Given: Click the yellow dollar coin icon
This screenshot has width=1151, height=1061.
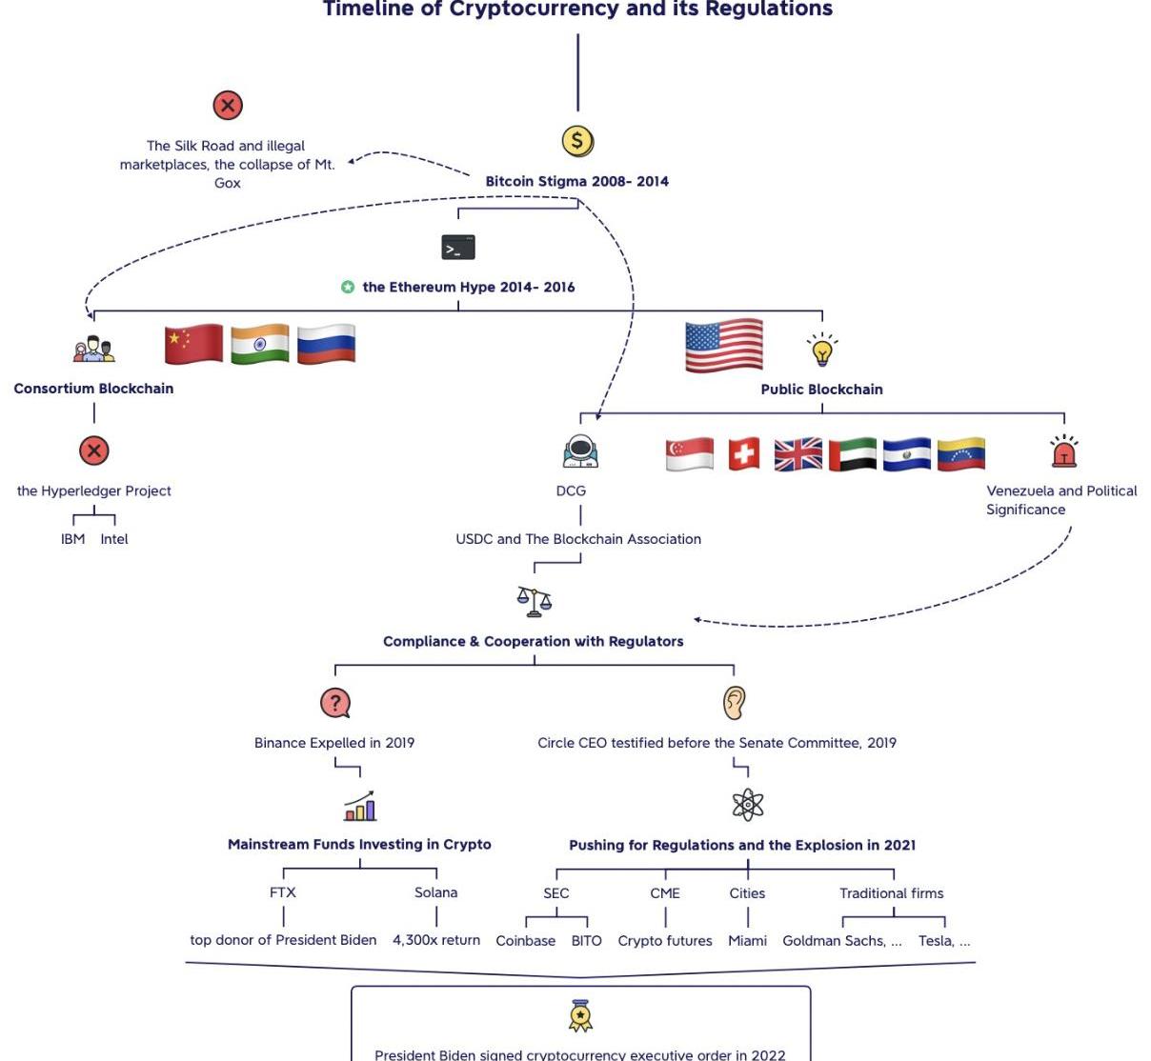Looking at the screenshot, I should coord(577,141).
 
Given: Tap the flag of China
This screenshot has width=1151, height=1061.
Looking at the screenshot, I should coord(193,344).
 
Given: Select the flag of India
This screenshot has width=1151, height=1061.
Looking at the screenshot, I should coord(259,344).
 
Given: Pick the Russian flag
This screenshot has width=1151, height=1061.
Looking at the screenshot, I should coord(326,344).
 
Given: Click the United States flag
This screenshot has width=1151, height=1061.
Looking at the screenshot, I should coord(724,346).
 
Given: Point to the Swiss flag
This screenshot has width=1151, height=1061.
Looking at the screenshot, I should coord(744,454).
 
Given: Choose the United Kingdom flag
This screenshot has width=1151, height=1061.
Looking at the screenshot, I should coord(798,454).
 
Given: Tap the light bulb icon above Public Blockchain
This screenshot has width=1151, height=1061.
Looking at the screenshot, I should coord(822,350).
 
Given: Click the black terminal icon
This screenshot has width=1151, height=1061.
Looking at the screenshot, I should coord(458,248).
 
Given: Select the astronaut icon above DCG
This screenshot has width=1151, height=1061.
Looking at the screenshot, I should coord(580,451).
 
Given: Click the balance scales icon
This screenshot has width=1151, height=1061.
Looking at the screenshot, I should coord(535,600).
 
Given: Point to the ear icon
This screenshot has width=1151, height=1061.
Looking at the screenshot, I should coord(733,703).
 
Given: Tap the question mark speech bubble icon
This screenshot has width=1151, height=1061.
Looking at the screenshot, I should coord(335,703).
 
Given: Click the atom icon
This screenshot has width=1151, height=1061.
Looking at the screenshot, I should coord(748,805).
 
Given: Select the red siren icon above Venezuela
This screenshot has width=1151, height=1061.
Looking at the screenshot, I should coord(1063,451).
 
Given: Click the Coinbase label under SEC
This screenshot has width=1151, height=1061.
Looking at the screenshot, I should coord(525,941).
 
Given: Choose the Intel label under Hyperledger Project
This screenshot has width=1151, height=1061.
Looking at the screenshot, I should coord(114,539).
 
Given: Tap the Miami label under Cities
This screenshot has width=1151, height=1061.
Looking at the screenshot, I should coord(747,941).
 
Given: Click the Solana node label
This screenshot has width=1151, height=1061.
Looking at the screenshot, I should coord(435,892).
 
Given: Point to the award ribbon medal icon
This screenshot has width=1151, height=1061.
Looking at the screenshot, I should coord(580,1016).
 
